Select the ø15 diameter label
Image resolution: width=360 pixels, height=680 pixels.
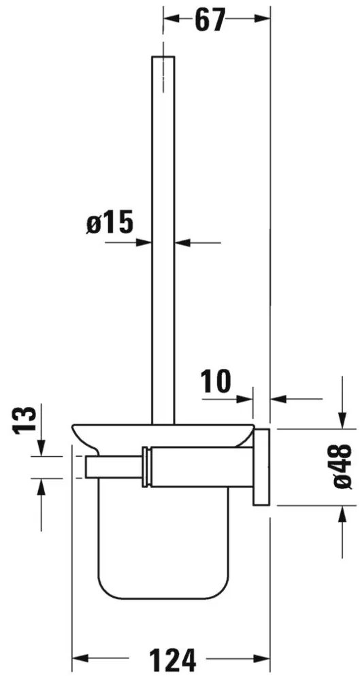108,223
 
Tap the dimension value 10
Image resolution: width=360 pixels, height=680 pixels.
217,382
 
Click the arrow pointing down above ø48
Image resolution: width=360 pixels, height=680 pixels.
339,422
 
